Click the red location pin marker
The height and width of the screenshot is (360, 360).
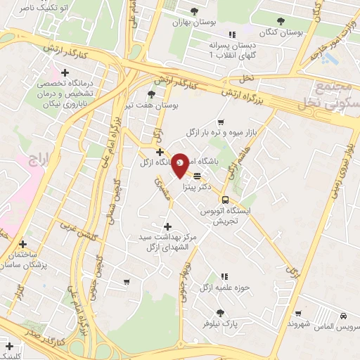(181, 164)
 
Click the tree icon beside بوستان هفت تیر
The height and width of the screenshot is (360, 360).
(151, 94)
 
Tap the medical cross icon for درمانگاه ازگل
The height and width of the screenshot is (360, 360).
(160, 151)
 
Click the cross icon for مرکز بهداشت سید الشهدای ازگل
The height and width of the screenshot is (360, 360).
(167, 226)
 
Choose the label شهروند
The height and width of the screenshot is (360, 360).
(300, 326)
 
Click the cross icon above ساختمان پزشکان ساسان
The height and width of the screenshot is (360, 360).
(22, 243)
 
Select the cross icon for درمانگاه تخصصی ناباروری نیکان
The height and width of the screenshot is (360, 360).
(66, 72)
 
